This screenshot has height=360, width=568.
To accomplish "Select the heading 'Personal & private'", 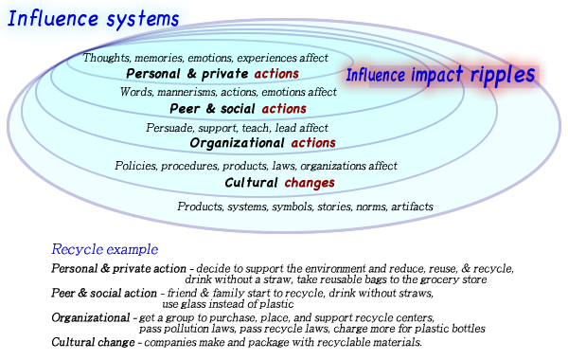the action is click(186, 74).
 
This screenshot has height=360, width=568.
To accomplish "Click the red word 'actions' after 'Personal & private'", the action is click(276, 74).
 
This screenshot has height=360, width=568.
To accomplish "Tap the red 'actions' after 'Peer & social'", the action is click(284, 109).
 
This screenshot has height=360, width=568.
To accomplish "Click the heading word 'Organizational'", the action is click(237, 143).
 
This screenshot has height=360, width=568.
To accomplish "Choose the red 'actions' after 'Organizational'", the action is click(313, 143).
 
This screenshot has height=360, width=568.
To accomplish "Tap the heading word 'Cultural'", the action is click(251, 183).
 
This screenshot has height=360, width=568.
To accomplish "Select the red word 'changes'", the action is click(310, 183).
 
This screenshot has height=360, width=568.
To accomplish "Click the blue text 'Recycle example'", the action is click(105, 250).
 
